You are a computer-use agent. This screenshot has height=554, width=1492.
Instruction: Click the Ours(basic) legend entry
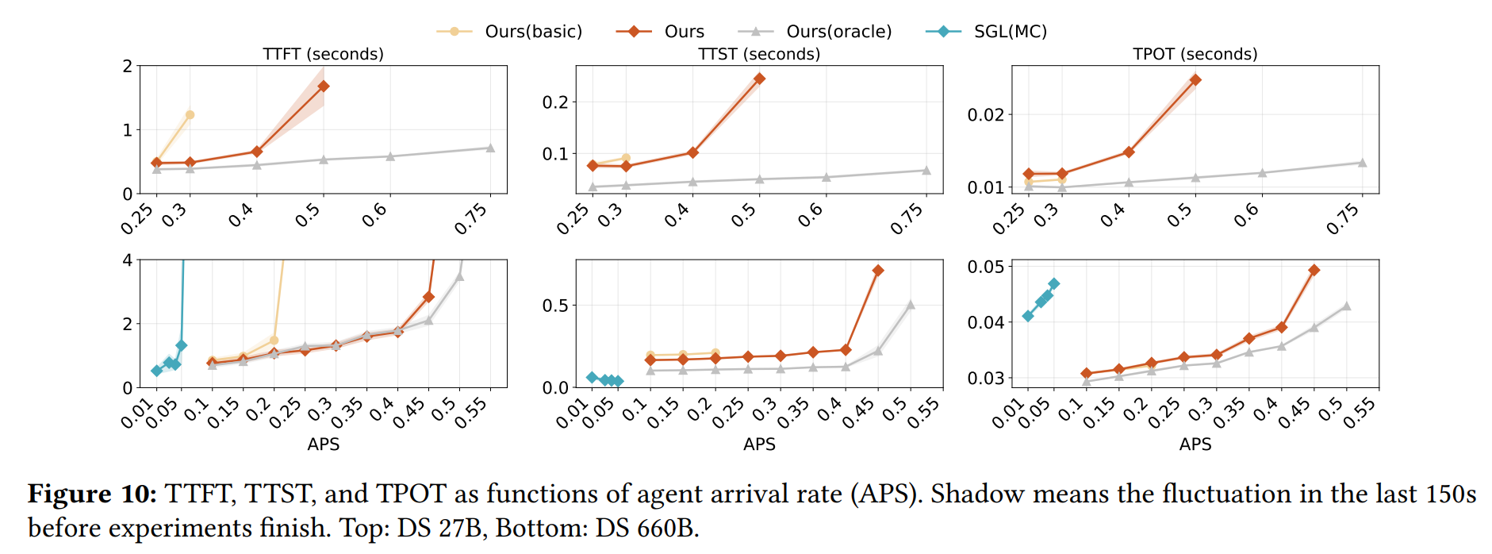(532, 32)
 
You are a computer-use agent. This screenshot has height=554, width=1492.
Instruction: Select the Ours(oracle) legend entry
(838, 32)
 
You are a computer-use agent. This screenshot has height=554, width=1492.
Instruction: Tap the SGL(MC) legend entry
(1010, 32)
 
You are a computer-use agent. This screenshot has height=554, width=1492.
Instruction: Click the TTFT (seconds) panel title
(323, 54)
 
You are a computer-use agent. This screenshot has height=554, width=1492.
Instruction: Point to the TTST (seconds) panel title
(759, 54)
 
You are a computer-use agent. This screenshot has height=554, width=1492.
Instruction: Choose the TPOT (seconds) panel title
(1195, 54)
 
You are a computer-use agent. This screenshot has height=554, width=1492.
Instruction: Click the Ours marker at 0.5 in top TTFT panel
(323, 86)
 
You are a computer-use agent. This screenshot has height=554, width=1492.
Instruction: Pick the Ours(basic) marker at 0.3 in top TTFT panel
(190, 115)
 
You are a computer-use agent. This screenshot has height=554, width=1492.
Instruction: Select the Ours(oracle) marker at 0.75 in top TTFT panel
(490, 148)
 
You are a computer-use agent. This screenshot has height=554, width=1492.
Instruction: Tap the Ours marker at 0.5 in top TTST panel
(759, 79)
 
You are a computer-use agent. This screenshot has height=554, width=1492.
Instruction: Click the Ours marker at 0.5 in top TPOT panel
(1195, 80)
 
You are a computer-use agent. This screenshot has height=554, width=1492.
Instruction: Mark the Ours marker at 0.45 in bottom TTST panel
(878, 271)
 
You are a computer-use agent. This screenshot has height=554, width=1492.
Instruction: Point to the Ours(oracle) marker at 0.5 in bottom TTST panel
(911, 305)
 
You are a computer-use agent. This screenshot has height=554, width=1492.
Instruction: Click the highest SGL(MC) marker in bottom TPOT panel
(1054, 283)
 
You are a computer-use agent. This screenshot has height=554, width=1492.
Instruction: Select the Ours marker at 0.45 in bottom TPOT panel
(1314, 270)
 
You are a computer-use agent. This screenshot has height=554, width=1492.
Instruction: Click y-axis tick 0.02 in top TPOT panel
(985, 115)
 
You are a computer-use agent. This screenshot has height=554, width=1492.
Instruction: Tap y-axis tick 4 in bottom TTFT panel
(128, 260)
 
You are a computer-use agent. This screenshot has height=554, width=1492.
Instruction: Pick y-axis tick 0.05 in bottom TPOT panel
(985, 267)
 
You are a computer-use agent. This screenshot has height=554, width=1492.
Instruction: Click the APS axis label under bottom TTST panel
(759, 444)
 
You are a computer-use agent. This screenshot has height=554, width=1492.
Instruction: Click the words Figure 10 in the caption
(92, 494)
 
